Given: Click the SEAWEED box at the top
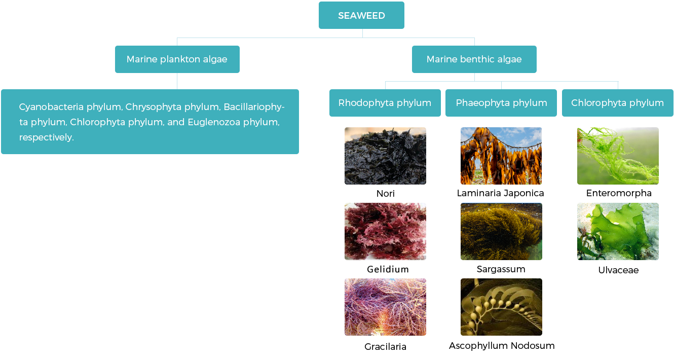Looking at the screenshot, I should tap(361, 16).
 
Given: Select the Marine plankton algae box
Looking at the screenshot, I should tap(177, 59).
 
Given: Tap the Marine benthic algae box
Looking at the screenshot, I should tap(474, 59).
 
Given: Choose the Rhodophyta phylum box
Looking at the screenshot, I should tap(385, 103).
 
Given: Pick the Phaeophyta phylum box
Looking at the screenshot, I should tap(501, 103).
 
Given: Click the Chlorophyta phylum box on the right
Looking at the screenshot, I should tap(617, 103).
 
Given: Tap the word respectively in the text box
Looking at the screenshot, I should tap(46, 137).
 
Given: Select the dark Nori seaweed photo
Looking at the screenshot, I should tap(385, 156).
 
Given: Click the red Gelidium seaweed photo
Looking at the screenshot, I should tap(385, 231).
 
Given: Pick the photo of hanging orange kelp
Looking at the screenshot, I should tap(501, 156).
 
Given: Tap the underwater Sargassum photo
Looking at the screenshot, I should tap(501, 231).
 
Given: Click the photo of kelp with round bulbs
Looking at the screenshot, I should tap(501, 307).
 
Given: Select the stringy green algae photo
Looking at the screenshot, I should tap(617, 156).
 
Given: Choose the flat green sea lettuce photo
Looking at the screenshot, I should tap(617, 231).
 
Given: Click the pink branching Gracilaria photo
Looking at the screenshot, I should tap(385, 307).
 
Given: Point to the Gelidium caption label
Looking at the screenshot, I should tap(388, 269).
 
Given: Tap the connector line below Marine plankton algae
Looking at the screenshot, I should tap(177, 81).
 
